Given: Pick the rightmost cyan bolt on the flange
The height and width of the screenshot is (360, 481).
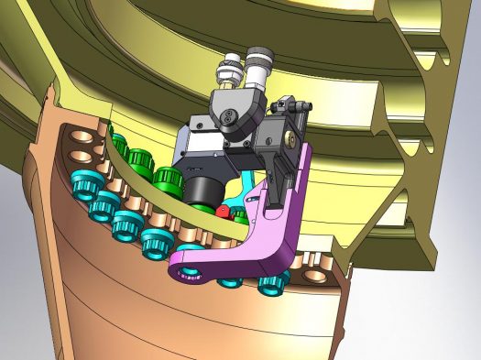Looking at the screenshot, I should [x=271, y=282].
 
